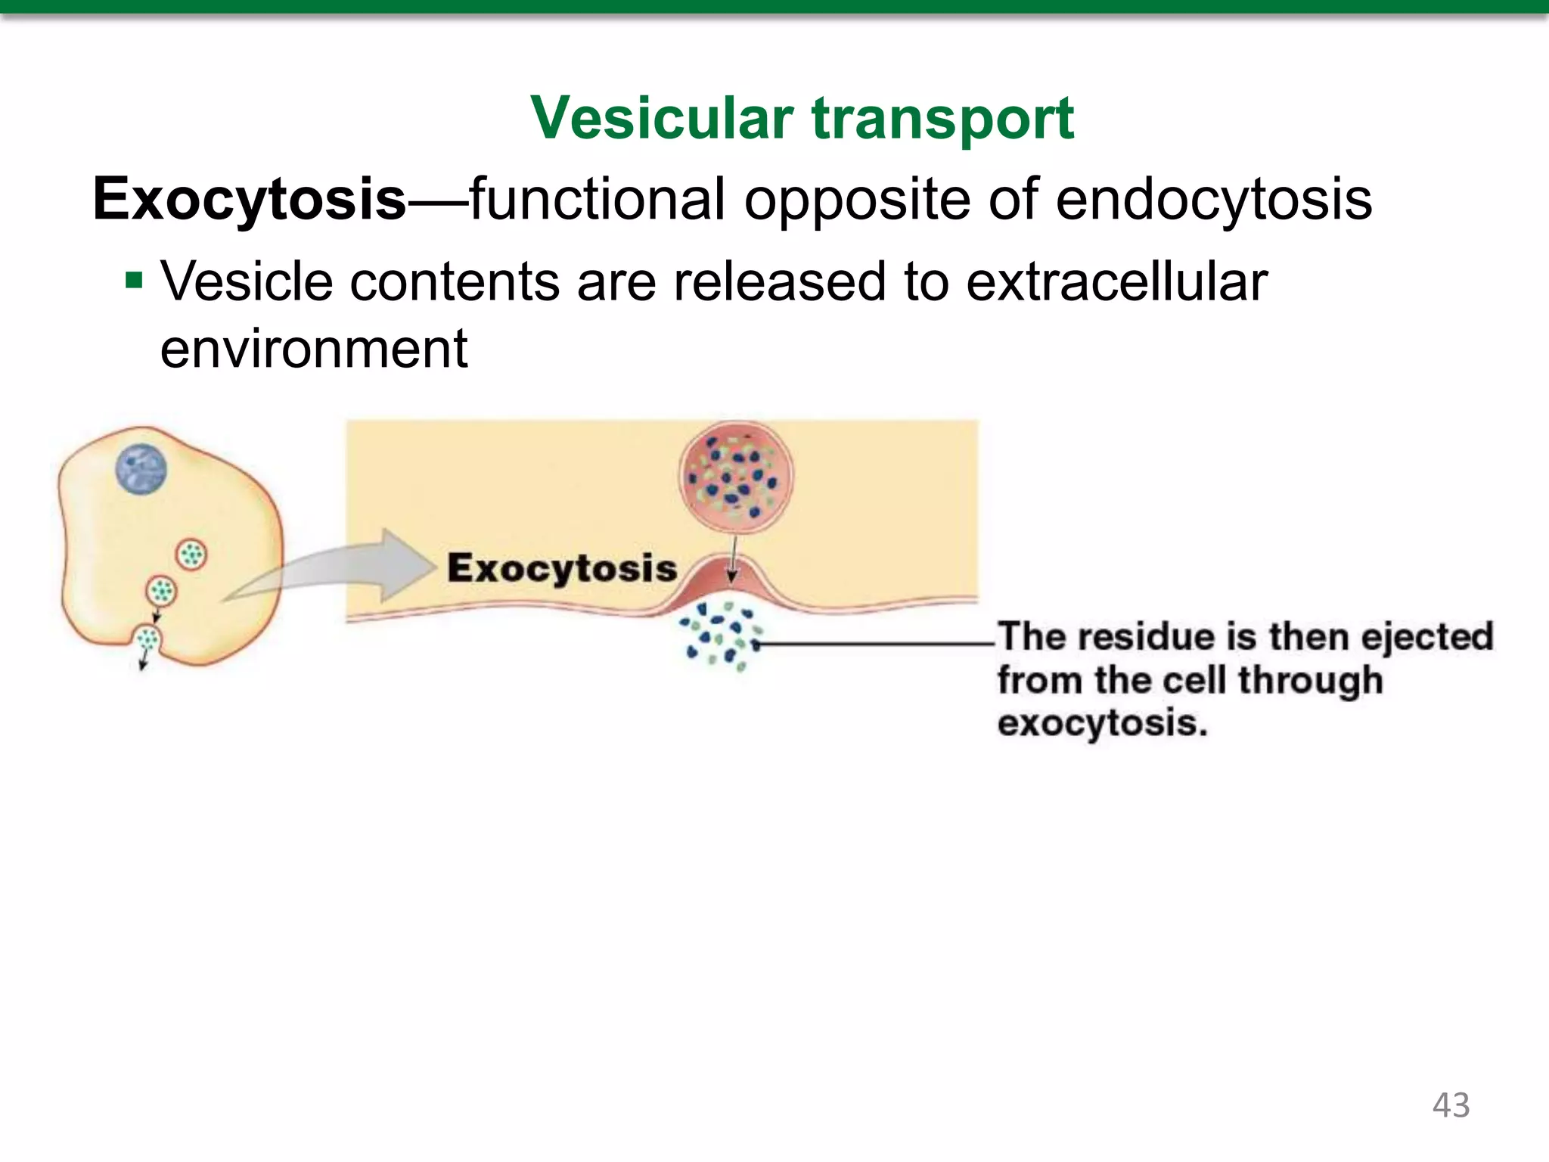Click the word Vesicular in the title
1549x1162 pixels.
(662, 119)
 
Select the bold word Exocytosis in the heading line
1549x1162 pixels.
(250, 199)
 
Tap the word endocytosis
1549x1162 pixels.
(1213, 199)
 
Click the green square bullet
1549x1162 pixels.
(134, 281)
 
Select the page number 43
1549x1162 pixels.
(1451, 1105)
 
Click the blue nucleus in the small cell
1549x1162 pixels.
(141, 469)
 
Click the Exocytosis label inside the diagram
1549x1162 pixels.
(562, 568)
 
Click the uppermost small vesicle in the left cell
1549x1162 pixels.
(191, 555)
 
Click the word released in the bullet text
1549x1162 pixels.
(780, 281)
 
